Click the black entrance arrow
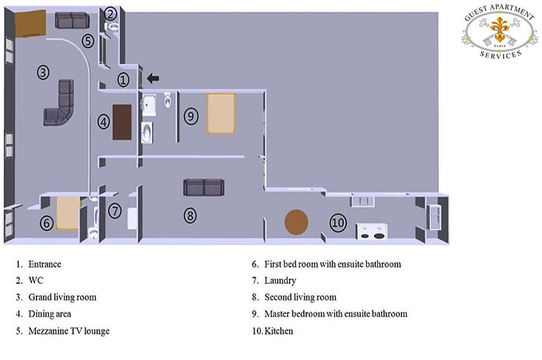click(153, 78)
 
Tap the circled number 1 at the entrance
click(123, 80)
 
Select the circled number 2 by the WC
click(110, 14)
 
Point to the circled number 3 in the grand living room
click(43, 73)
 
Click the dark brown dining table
click(122, 122)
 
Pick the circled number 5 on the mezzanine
click(88, 41)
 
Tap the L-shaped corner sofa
click(60, 103)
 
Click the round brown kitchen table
click(296, 221)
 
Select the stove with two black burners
click(372, 232)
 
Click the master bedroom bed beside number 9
click(221, 114)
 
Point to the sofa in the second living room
click(204, 187)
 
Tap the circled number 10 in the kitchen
click(338, 223)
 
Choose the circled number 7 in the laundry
click(115, 211)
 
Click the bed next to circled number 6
click(68, 213)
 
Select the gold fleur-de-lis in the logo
click(500, 29)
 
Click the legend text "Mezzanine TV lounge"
click(69, 331)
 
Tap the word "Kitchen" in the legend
click(279, 331)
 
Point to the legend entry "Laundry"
click(281, 280)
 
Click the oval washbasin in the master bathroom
click(146, 132)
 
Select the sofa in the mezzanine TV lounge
click(72, 21)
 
